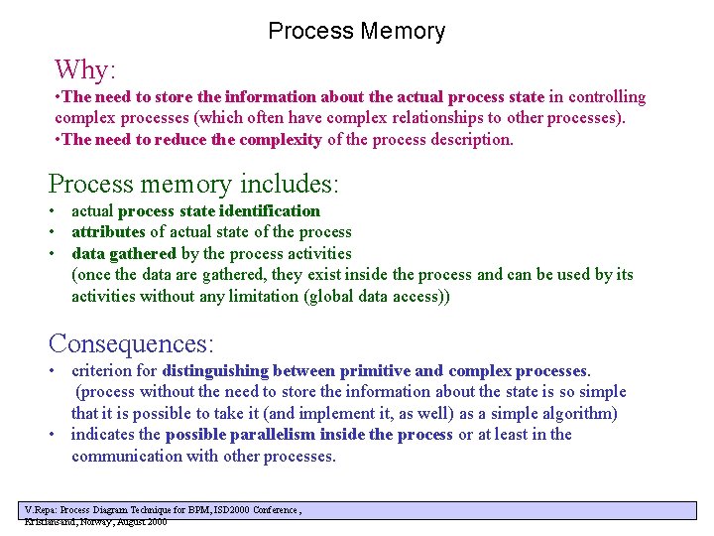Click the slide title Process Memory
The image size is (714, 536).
356,32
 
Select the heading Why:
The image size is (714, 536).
85,69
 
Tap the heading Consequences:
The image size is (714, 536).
131,343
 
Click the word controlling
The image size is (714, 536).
606,97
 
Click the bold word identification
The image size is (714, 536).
270,210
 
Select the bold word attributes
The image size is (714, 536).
108,231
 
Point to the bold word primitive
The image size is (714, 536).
374,370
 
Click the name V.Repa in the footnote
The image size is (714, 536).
41,509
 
